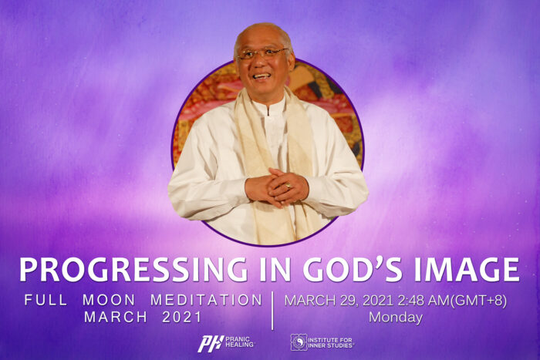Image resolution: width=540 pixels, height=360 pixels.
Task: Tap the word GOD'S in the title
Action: (353, 269)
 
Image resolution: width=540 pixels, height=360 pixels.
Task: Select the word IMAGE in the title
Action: (467, 270)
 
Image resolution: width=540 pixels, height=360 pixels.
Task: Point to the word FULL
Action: (46, 300)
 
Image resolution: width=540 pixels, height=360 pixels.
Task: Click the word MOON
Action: (109, 300)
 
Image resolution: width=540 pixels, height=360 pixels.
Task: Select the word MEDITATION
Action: (206, 300)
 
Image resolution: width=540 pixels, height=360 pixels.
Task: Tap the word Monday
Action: (396, 317)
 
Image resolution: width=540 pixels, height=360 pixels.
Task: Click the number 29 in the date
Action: (349, 301)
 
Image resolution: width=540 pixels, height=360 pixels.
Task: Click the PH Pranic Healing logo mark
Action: (211, 344)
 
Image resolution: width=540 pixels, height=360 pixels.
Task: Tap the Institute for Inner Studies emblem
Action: (299, 342)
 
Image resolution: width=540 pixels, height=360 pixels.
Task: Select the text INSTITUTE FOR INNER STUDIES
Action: (331, 343)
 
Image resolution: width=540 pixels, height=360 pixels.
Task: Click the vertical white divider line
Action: (272, 311)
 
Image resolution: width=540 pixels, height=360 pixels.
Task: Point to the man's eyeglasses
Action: (262, 54)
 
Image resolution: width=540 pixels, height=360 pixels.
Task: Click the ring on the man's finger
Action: (289, 186)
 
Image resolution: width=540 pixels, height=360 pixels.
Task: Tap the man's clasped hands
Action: (276, 187)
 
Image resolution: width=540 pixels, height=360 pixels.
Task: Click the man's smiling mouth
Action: (262, 76)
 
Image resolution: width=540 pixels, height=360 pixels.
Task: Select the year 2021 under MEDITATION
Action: (181, 317)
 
